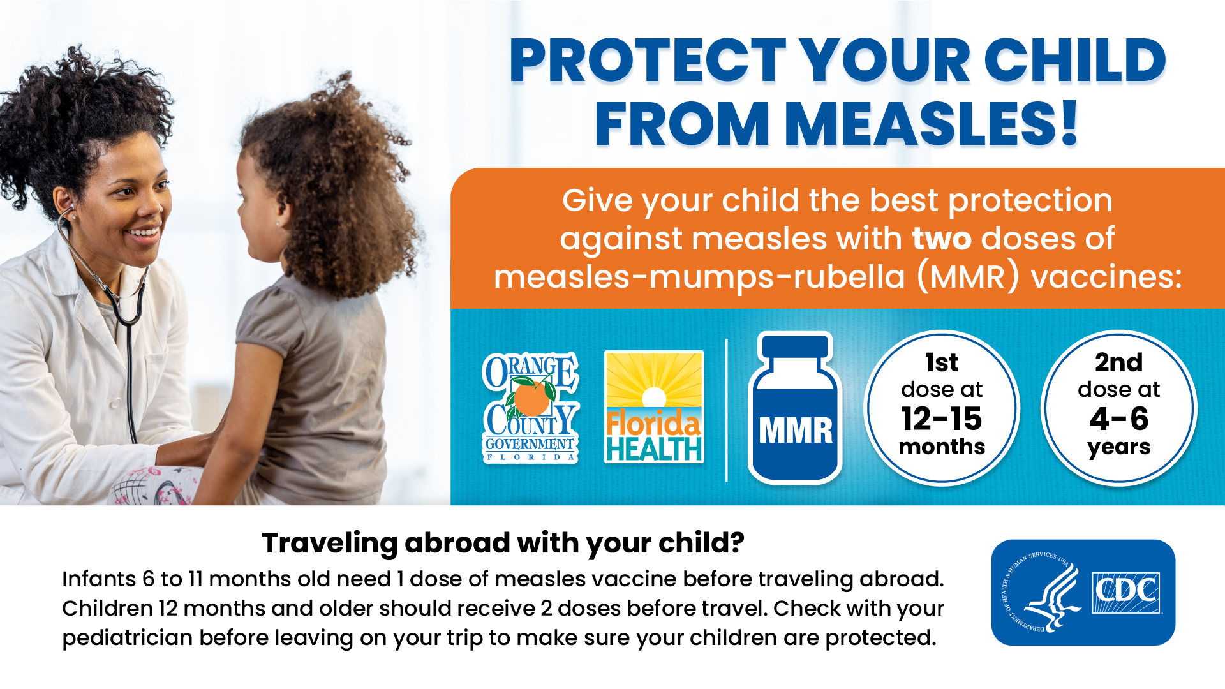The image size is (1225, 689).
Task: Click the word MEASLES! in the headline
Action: click(932, 124)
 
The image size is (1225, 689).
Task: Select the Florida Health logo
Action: click(654, 407)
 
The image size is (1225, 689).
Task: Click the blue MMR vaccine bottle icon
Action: click(795, 408)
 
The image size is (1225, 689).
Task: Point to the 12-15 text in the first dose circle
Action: click(941, 419)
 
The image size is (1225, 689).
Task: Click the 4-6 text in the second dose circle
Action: click(1118, 419)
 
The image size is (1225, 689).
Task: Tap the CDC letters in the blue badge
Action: click(1126, 591)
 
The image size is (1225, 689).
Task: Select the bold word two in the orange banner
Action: click(942, 239)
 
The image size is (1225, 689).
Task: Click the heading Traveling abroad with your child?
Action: click(503, 543)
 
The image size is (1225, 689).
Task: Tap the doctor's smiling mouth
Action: click(144, 234)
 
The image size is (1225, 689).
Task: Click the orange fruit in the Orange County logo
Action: click(531, 398)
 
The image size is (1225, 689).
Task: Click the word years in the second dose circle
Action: click(1118, 447)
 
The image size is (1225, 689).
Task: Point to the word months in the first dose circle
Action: click(942, 447)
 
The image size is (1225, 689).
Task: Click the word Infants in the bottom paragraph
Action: click(98, 579)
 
